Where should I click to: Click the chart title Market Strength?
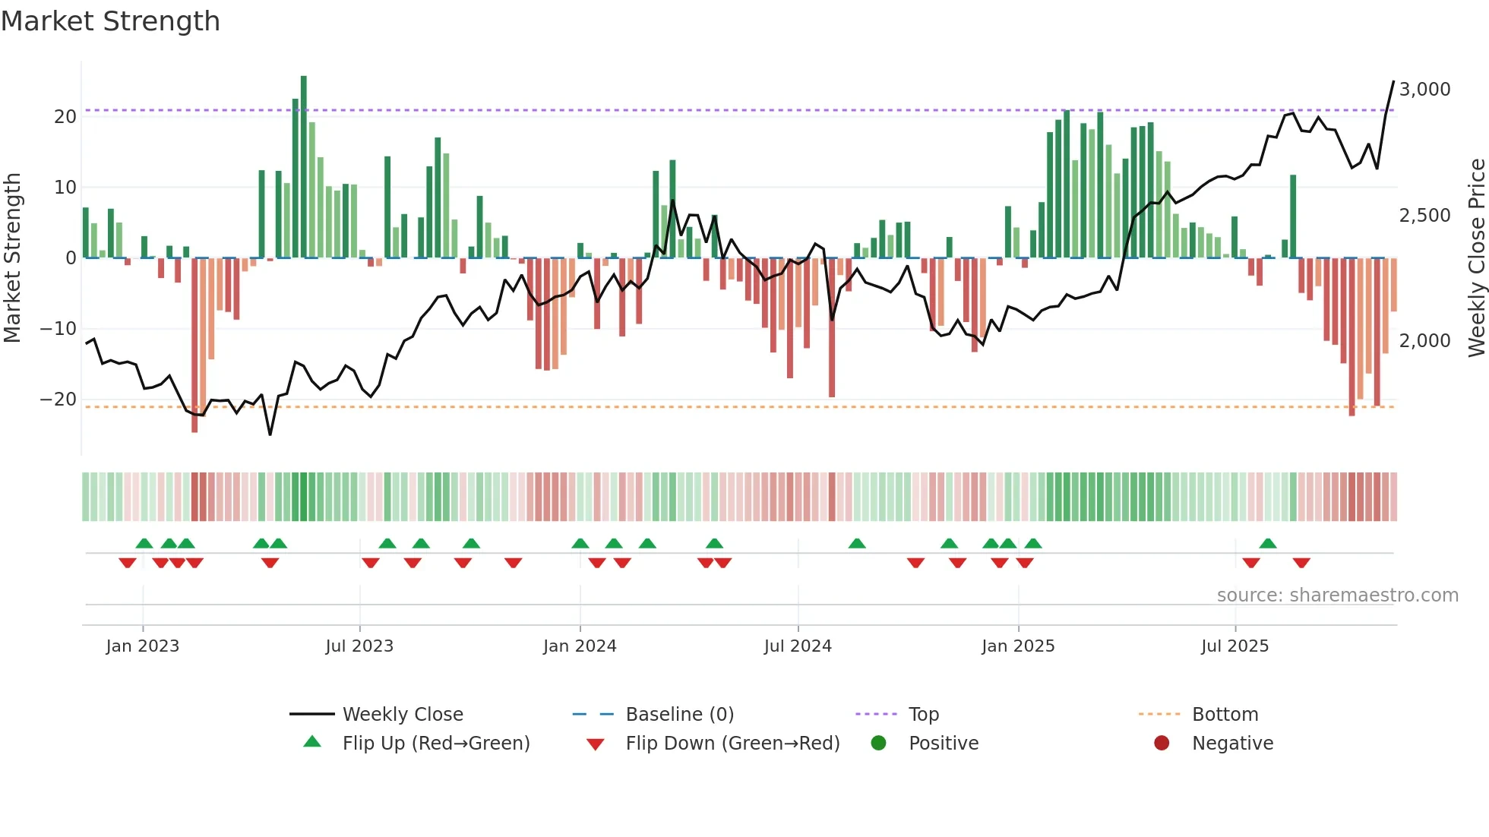point(110,21)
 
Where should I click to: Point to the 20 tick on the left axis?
point(65,117)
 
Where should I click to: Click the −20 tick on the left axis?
point(58,400)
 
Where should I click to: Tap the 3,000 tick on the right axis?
point(1424,90)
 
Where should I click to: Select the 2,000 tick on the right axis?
point(1424,341)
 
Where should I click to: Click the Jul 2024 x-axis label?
point(798,646)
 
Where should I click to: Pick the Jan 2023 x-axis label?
point(143,646)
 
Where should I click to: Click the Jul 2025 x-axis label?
point(1235,646)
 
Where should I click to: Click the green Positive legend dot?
point(879,744)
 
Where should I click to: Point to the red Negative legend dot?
point(1162,744)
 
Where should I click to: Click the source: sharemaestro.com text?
point(1337,595)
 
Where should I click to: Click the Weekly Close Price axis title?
point(1476,258)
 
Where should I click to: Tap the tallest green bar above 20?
point(304,167)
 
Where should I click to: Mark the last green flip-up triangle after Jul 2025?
point(1267,544)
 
